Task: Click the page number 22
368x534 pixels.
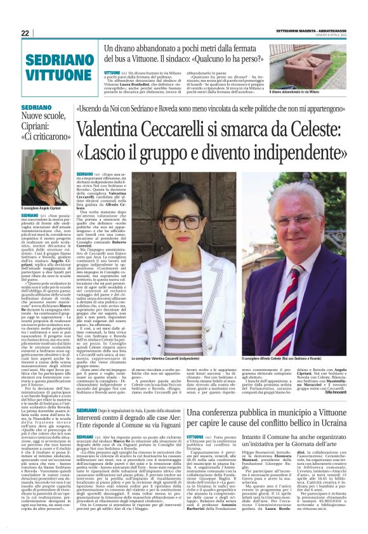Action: click(25, 33)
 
